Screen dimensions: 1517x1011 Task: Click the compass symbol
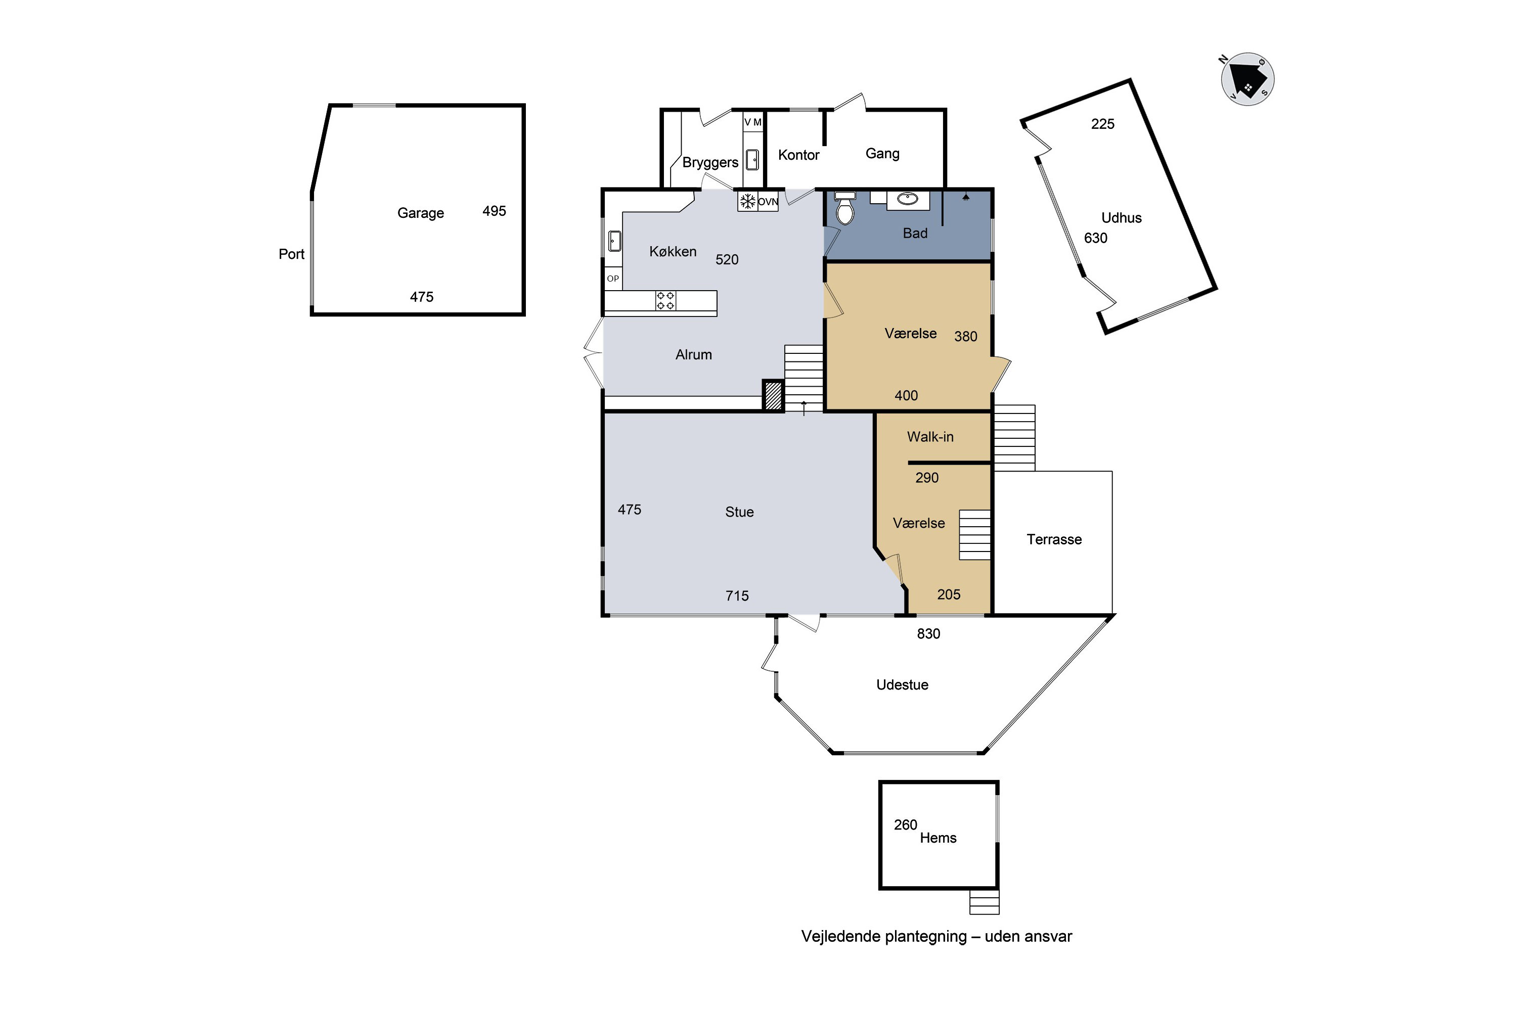[x=1247, y=79]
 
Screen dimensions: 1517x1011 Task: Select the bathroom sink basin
[x=908, y=199]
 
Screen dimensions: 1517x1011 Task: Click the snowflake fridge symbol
[x=747, y=202]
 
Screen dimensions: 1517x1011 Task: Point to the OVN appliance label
[x=768, y=202]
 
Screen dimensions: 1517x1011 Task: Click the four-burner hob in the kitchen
[x=665, y=300]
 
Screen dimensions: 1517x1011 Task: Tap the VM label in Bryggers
[x=753, y=122]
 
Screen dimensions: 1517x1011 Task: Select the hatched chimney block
[x=773, y=395]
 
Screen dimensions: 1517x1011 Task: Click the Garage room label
[x=421, y=213]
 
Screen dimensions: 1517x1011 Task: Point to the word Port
[x=292, y=254]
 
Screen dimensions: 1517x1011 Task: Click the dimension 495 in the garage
[x=494, y=211]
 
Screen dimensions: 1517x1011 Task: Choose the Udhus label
[x=1122, y=218]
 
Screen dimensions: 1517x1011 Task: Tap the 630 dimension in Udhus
[x=1096, y=238]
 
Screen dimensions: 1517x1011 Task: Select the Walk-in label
[x=930, y=437]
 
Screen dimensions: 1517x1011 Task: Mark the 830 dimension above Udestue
[x=929, y=634]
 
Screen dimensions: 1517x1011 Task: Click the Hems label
[x=939, y=838]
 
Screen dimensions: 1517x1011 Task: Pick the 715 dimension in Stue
[x=737, y=596]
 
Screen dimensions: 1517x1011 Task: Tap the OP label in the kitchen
[x=613, y=279]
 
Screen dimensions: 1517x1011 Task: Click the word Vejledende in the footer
[x=842, y=937]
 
